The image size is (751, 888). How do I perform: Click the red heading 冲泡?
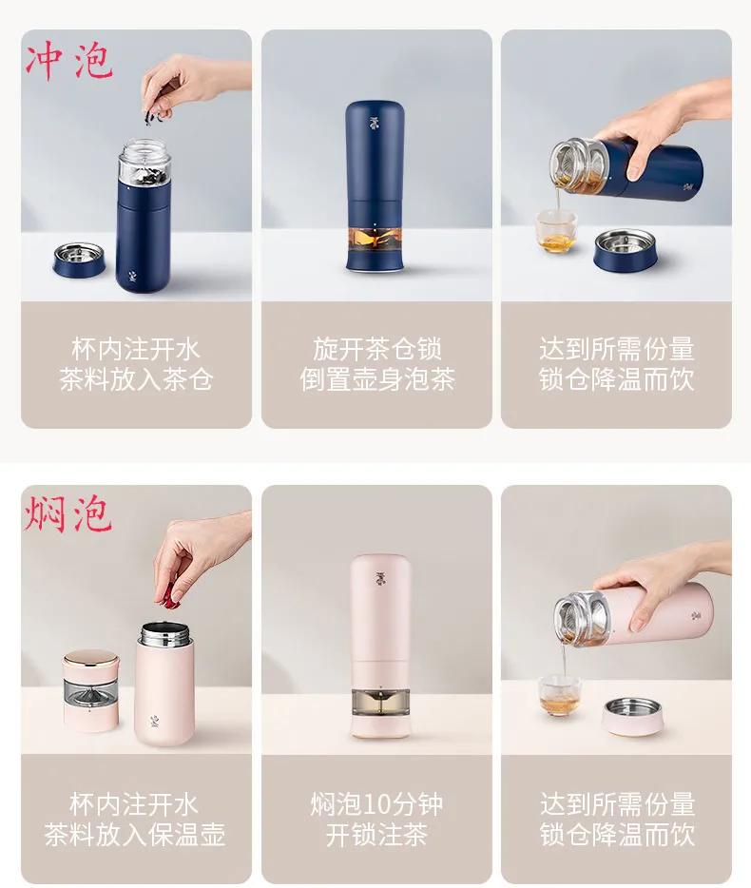click(x=68, y=60)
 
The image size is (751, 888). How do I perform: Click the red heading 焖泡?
click(x=68, y=513)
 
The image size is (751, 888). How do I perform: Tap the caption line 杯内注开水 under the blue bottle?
click(x=136, y=349)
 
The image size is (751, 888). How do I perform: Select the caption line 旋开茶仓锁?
click(x=377, y=349)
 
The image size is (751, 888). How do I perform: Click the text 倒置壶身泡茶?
click(x=377, y=380)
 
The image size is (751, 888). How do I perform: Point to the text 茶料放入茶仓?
click(x=136, y=380)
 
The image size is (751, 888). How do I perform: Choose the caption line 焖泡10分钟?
click(x=377, y=804)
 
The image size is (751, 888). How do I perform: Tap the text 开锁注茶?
click(x=377, y=836)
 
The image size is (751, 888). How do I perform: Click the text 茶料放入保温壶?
click(x=136, y=836)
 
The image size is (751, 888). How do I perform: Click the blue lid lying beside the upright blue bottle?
click(x=79, y=259)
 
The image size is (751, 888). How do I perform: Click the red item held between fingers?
click(x=170, y=595)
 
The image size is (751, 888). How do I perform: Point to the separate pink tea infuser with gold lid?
click(x=91, y=690)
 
